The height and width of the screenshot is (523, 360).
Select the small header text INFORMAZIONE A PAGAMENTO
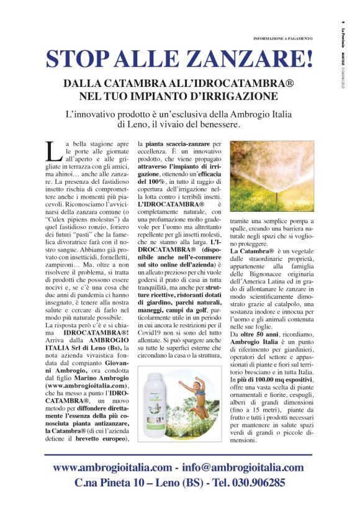[x=282, y=39]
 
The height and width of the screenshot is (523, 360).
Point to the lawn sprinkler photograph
[x=272, y=176]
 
